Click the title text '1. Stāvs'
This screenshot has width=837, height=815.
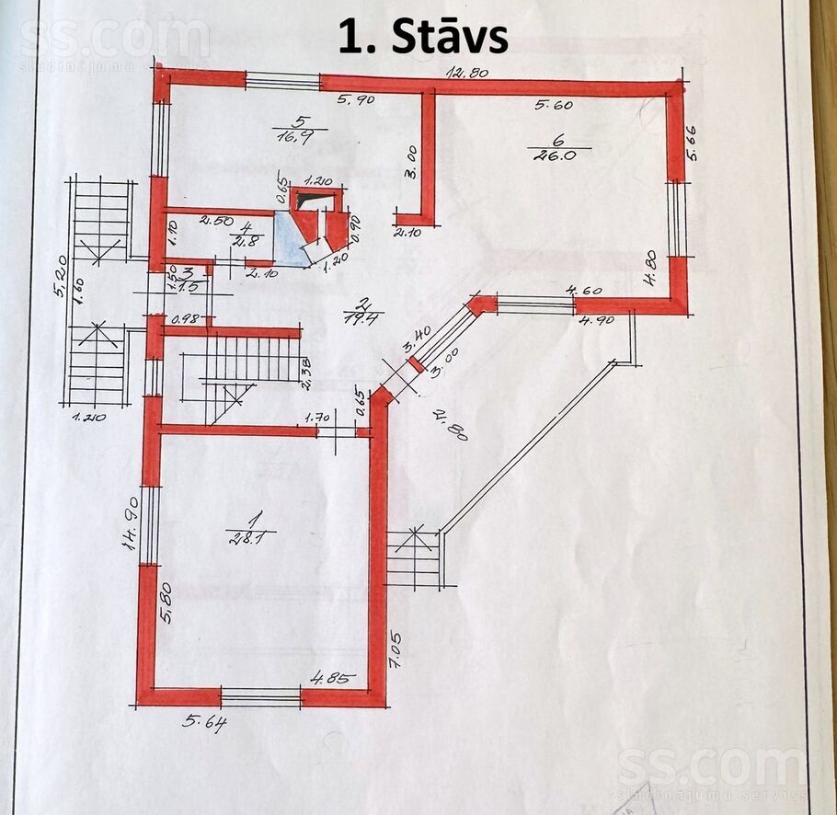coord(423,38)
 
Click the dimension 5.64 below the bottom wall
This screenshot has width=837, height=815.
coord(204,720)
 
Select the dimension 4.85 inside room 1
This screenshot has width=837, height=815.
coord(329,679)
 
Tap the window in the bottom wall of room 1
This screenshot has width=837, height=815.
coord(261,696)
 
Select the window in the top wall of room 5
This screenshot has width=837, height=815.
coord(282,81)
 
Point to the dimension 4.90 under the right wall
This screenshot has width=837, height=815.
coord(596,320)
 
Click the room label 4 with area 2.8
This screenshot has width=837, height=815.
coord(247,231)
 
